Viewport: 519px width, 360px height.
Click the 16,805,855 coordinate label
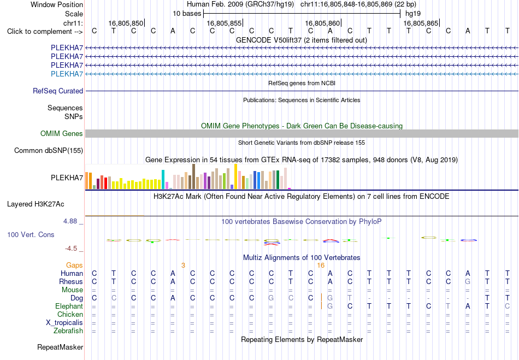tap(225, 23)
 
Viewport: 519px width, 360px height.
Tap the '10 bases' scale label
tap(187, 14)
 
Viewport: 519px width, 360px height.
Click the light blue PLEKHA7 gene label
tap(67, 74)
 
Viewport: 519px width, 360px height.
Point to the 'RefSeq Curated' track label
tap(58, 91)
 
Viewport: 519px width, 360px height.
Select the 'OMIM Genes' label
tap(62, 133)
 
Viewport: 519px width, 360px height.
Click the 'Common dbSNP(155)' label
tap(49, 151)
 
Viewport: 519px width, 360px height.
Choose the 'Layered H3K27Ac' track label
tap(36, 204)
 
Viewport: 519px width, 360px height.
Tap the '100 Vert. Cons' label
tap(31, 234)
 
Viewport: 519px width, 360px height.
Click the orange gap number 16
tap(321, 265)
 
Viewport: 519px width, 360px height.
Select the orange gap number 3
tap(183, 265)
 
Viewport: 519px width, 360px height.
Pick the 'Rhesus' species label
tap(71, 281)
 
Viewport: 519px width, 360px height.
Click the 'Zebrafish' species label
tap(68, 331)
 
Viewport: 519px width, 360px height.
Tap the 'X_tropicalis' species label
tap(64, 323)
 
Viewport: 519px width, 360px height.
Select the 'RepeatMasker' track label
tap(60, 347)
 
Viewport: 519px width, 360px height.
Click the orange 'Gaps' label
tap(74, 265)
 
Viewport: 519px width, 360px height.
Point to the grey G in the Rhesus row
tap(467, 281)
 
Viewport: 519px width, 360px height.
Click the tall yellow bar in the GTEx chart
tap(235, 176)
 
